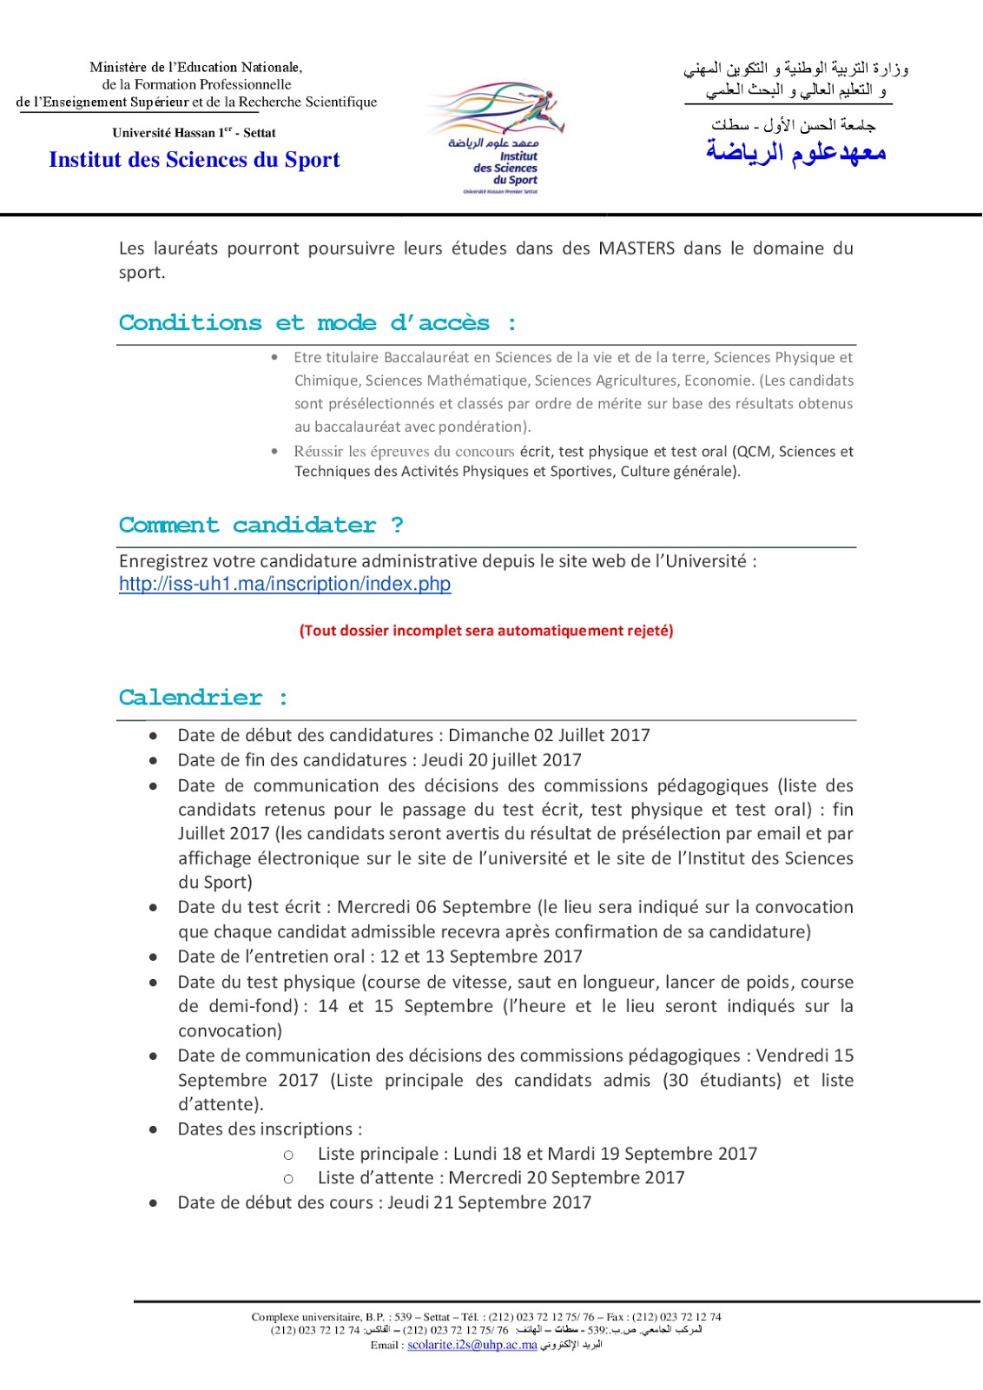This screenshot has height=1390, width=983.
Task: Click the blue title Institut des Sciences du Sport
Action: click(x=195, y=160)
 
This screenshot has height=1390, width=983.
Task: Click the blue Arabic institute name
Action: click(x=795, y=153)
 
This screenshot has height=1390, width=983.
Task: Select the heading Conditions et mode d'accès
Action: click(x=318, y=323)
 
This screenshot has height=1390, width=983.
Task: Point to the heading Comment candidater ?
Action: click(x=261, y=526)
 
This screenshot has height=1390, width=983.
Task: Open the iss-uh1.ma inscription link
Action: click(x=285, y=584)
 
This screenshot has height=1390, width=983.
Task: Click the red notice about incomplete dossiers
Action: click(x=486, y=631)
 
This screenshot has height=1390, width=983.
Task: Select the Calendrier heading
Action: click(x=203, y=698)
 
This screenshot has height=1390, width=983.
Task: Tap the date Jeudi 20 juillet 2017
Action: click(x=501, y=760)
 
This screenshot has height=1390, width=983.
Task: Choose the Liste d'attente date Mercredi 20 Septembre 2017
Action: click(x=566, y=1178)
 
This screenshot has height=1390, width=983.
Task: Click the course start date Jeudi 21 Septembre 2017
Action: click(x=489, y=1203)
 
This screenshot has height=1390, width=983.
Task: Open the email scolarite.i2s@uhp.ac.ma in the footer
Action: click(x=472, y=1345)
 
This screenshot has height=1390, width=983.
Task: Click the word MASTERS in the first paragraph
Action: click(x=637, y=248)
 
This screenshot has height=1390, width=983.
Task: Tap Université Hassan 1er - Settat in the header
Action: click(x=194, y=133)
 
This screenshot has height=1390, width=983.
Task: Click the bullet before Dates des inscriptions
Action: click(x=154, y=1130)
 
